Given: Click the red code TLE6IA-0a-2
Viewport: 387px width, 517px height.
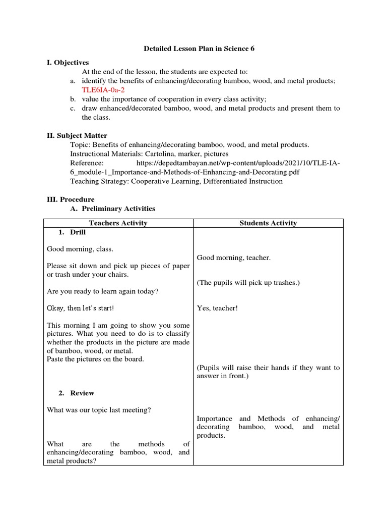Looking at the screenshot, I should point(103,90).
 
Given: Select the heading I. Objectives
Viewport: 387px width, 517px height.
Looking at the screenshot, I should point(68,63).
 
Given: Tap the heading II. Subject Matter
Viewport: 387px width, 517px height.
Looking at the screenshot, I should point(77,135).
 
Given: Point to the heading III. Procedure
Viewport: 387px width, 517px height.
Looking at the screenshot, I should point(71,199).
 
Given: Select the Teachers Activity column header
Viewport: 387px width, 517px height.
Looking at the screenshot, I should point(118,223).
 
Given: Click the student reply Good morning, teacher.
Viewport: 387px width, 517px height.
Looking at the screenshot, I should point(233,258).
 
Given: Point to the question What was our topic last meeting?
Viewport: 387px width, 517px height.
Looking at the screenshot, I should point(99,410).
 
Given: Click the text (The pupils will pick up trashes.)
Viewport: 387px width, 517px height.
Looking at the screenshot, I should point(248,283).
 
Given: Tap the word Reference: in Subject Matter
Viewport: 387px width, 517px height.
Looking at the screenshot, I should point(87,163).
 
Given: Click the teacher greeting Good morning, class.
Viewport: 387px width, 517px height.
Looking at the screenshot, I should point(80,249).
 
